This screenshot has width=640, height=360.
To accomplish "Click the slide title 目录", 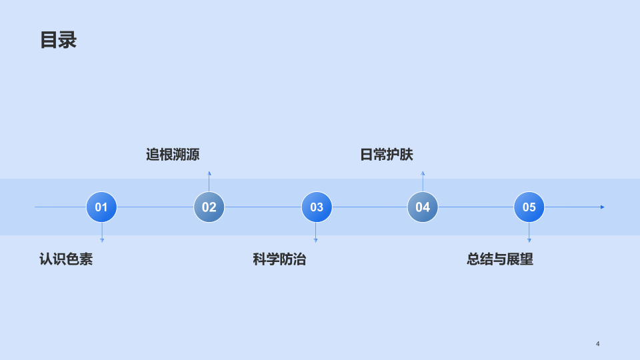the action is coord(59,40).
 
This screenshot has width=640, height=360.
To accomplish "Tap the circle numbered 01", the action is coord(101,207).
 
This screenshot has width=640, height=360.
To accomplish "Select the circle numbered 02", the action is coord(209,207).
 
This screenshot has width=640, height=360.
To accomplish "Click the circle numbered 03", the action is coord(317,207).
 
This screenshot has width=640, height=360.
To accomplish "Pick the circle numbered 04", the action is coord(423,207).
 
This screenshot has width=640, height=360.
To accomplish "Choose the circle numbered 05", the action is coord(529,207).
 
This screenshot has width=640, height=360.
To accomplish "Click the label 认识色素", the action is coord(66,259).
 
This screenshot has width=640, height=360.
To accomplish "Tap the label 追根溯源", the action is coord(173,155).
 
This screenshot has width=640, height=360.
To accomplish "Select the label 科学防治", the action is coord(279,259).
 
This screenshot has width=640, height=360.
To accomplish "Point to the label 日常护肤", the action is coord(387,155).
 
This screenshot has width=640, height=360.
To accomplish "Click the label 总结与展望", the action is coord(500,259).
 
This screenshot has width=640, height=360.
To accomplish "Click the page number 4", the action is coord(597,344).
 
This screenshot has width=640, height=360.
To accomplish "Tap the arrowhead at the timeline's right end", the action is coord(603,207).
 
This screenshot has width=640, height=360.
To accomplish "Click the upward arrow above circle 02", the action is coord(209,181).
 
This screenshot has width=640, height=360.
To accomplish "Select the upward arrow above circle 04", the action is coord(423,181).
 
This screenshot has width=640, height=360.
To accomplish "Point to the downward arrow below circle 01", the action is coord(102,233).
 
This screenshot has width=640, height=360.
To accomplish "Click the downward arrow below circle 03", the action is coord(315,233).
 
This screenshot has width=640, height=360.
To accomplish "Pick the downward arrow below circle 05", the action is coord(529,233).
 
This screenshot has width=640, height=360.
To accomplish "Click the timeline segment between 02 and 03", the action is coord(263,207).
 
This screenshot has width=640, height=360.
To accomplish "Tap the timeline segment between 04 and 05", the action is coord(476,207).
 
